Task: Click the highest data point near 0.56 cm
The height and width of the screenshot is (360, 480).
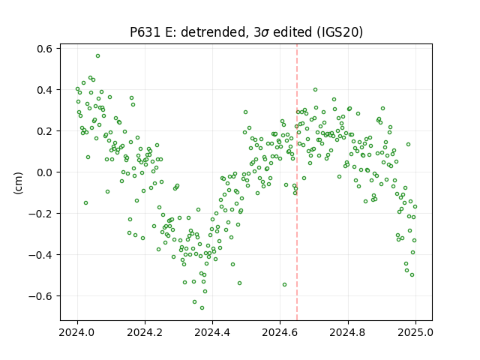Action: point(97,56)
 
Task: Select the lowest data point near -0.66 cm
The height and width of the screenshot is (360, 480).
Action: point(202,307)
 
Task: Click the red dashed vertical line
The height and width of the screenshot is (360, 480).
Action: point(297,182)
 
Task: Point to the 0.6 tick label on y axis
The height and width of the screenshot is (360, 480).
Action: point(44,48)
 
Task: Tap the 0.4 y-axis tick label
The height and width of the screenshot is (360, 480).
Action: point(44,90)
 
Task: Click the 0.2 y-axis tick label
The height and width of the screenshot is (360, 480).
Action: point(44,131)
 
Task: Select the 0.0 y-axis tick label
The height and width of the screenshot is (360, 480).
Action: point(44,172)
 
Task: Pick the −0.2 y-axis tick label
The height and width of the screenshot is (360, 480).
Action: point(40,213)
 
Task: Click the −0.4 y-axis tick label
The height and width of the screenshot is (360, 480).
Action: point(40,255)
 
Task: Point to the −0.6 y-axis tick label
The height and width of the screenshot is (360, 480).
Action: point(40,296)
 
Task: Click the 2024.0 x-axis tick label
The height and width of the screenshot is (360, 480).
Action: point(78,332)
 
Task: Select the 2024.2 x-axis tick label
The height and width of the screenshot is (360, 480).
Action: point(145,332)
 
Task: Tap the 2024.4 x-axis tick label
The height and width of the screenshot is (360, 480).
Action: point(212,332)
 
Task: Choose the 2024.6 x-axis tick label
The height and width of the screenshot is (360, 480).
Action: point(280,332)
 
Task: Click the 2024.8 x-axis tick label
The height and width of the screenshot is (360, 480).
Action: point(348,332)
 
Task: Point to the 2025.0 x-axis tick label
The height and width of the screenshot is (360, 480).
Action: point(415,332)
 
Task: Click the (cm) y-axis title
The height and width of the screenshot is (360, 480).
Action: point(18,183)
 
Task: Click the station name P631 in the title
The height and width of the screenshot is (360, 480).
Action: point(145,32)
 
